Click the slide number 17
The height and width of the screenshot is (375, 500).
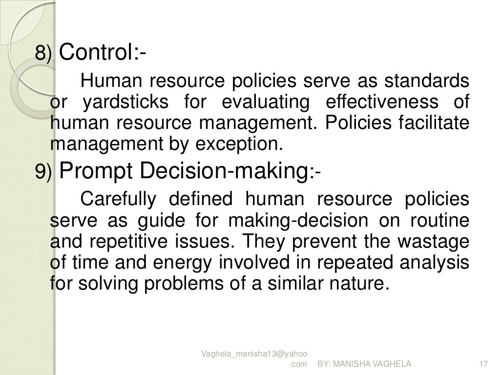point(484,364)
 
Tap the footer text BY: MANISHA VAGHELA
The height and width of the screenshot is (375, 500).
point(364,364)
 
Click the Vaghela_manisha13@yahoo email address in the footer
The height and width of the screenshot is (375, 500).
point(257,354)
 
